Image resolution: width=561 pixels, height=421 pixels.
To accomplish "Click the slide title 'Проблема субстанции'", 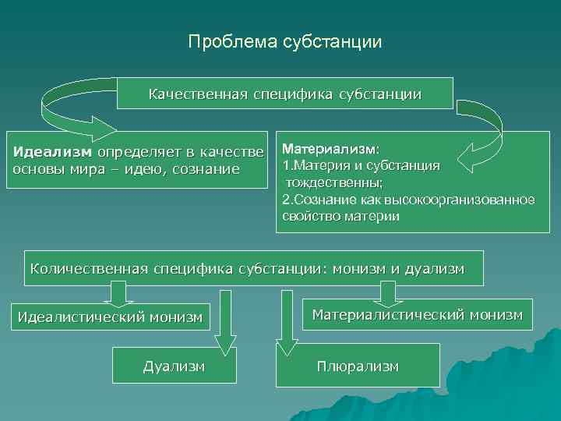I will point(285,41).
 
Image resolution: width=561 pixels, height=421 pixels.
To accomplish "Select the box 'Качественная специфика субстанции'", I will point(285,94).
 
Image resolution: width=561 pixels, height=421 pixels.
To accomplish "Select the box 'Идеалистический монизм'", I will point(110,317).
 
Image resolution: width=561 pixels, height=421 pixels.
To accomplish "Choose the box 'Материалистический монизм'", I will point(418,314).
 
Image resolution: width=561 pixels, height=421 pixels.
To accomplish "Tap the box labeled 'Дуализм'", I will point(174,366).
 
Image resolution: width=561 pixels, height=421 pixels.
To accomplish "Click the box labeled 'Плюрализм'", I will point(358,366).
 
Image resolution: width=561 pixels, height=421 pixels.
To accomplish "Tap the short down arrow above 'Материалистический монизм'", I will point(386,293).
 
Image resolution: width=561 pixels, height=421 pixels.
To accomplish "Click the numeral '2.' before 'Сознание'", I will point(287,200).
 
